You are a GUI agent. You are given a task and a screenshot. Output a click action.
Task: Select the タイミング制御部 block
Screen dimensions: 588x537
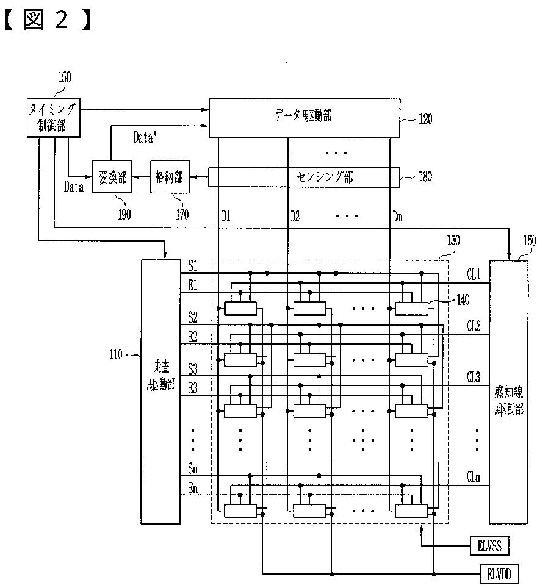click(x=52, y=118)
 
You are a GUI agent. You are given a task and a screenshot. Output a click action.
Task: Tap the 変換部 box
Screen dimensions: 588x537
click(x=113, y=177)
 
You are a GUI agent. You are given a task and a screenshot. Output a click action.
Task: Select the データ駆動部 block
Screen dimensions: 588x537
click(x=305, y=117)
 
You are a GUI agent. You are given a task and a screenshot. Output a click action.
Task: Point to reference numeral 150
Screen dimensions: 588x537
click(x=63, y=77)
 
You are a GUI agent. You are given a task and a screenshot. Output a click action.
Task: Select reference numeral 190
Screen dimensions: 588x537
click(x=124, y=215)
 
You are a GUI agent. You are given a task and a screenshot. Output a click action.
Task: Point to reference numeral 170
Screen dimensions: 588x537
click(x=181, y=215)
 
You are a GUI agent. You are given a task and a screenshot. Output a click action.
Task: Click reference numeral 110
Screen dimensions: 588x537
click(x=115, y=353)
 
